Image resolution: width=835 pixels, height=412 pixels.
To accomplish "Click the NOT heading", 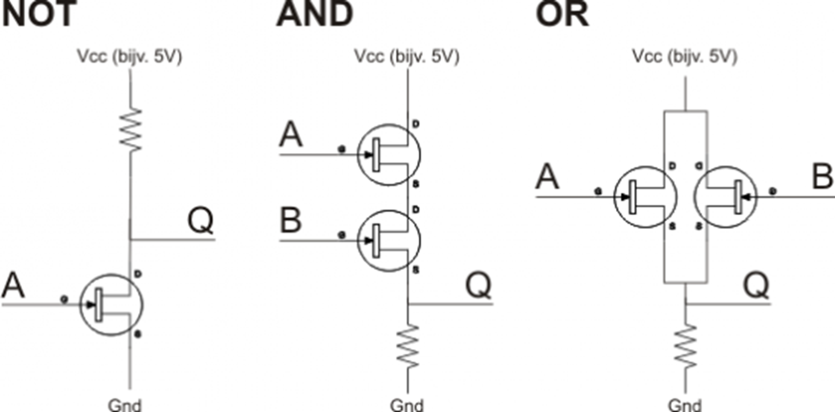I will pos(40,14).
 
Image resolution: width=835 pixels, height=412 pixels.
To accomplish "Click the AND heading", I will pos(315,14).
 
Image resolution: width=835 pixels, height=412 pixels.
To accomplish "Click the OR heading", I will pos(562,14).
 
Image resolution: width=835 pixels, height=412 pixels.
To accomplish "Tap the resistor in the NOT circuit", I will pos(131,130).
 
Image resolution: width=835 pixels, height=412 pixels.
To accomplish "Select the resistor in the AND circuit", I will pos(408,346).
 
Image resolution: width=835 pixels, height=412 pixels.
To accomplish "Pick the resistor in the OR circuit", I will pos(685,346).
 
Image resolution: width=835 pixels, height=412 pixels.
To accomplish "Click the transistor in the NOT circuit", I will pos(111,305).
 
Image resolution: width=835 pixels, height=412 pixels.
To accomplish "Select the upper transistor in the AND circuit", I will pos(389,155).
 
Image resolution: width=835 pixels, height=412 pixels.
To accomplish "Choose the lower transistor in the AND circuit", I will pos(389,241).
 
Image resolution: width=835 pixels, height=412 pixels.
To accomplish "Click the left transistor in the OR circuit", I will pos(645,197).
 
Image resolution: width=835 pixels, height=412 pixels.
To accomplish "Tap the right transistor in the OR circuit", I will pos(725,197).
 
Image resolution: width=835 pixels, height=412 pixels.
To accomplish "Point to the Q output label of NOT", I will pos(200,220).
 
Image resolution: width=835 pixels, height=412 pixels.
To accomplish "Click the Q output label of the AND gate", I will pos(478,285).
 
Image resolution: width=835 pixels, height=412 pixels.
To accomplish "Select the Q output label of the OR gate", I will pos(756,285).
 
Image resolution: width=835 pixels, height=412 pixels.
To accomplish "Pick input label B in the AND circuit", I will pos(291,220).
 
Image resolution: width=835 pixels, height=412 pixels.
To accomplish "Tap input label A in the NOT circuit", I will pos(13,285).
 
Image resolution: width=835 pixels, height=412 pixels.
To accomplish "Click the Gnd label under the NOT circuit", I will pos(125,405).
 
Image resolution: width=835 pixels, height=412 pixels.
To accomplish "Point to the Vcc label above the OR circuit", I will pos(685,56).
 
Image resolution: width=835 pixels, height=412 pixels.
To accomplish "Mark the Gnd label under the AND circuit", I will pos(407,405).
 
